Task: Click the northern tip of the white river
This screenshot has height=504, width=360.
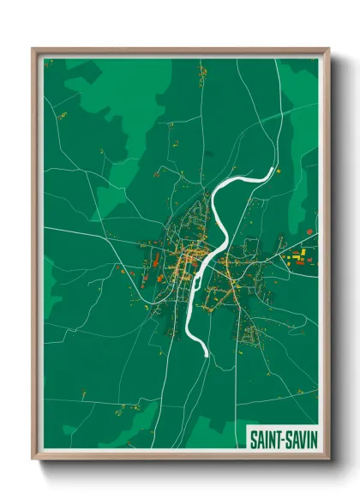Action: coord(274,171)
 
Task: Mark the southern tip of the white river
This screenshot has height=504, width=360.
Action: coord(203,352)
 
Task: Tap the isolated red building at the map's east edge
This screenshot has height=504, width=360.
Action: coord(309,231)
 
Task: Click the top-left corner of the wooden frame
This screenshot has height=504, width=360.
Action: coord(33,50)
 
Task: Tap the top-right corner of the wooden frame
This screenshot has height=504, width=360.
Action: coord(328,50)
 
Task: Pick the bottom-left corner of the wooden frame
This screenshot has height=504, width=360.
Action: coord(33,459)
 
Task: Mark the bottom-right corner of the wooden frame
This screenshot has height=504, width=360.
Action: coord(328,459)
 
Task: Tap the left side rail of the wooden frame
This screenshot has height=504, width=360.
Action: coord(36,257)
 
